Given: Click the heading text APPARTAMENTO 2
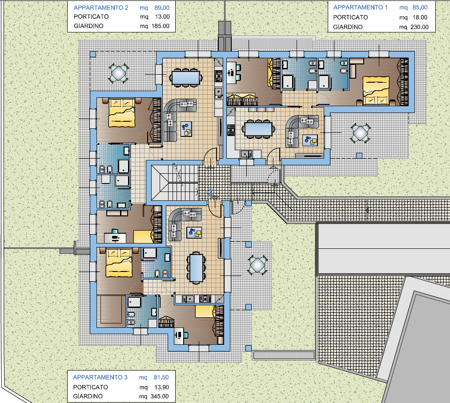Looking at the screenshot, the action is point(101,8).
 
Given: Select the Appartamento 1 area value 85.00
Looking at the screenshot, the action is point(420,8).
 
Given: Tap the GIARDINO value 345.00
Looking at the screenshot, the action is point(160,396).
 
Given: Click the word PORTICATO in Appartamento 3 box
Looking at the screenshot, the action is point(90,387).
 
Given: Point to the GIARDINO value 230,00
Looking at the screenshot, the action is point(419,27).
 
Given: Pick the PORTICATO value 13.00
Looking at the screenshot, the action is point(162,16).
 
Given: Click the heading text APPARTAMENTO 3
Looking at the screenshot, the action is point(100,378).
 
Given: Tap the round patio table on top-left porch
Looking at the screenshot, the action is point(118,73).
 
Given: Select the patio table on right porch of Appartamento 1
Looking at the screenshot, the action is point(360,133).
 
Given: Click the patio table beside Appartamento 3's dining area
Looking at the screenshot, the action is point(257,265).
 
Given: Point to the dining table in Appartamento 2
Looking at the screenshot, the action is point(186,77).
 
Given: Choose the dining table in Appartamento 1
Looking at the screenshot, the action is point(258,129).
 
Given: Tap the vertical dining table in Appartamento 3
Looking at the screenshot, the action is point(196,268).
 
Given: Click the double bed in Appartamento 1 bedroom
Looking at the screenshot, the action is point(376,91).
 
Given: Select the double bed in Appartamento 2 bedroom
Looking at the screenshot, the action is point(122,113).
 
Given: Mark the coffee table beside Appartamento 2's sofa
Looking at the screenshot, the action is point(186,129).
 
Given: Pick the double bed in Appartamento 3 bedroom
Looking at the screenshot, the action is point(119,263).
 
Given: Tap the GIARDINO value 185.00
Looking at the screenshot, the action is point(161,26).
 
